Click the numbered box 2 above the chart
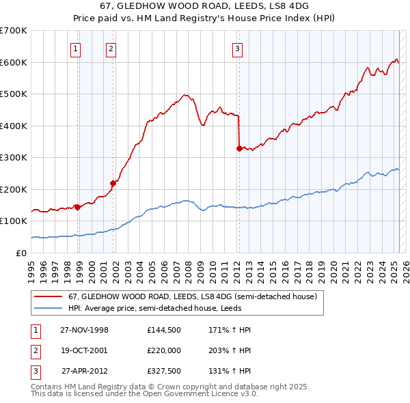pyautogui.click(x=111, y=48)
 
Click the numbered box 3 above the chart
pyautogui.click(x=236, y=48)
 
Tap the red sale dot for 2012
pyautogui.click(x=239, y=148)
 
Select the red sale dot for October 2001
pyautogui.click(x=113, y=182)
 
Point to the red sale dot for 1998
pyautogui.click(x=78, y=207)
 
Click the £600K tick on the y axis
pyautogui.click(x=14, y=62)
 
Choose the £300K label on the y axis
pyautogui.click(x=14, y=157)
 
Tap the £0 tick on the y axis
pyautogui.click(x=20, y=253)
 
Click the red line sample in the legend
pyautogui.click(x=48, y=297)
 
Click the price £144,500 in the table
pyautogui.click(x=163, y=330)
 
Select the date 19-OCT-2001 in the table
pyautogui.click(x=84, y=351)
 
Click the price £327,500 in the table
pyautogui.click(x=163, y=372)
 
